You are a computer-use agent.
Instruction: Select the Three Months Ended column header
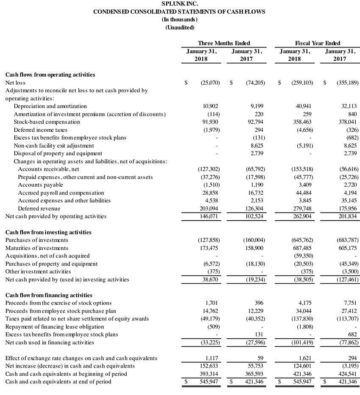pyautogui.click(x=224, y=43)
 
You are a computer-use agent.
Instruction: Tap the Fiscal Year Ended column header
pyautogui.click(x=317, y=43)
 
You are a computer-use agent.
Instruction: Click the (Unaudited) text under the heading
pyautogui.click(x=180, y=28)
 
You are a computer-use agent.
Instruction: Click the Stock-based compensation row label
pyautogui.click(x=47, y=122)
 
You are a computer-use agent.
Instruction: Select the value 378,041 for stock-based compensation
pyautogui.click(x=347, y=122)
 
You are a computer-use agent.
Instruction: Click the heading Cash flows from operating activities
pyautogui.click(x=50, y=75)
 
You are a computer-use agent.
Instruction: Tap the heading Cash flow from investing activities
pyautogui.click(x=48, y=232)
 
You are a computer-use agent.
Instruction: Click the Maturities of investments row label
pyautogui.click(x=36, y=248)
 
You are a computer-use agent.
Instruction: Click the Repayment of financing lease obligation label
pyautogui.click(x=54, y=326)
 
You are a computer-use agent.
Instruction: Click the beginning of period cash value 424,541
pyautogui.click(x=347, y=373)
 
